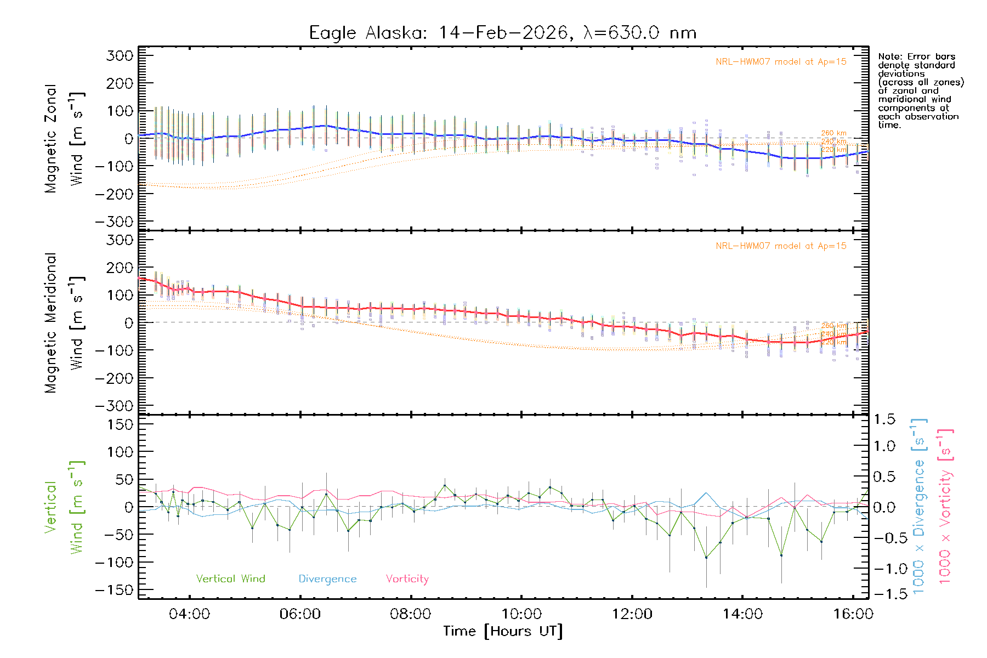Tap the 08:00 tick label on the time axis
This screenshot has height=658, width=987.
coord(410,614)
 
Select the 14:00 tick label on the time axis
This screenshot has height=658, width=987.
coord(742,614)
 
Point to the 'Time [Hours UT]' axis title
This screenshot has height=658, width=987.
coord(503,631)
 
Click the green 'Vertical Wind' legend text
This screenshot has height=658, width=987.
coord(230,578)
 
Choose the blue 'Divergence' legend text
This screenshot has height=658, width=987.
coord(327,578)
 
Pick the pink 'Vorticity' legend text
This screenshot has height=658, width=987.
coord(407,578)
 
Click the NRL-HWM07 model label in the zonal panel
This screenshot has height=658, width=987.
coord(781,62)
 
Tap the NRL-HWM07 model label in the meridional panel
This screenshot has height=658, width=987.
coord(781,246)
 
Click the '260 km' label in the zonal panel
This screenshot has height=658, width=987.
coord(833,133)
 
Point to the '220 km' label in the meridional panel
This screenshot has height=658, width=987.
coord(833,342)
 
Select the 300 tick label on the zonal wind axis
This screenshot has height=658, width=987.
coord(120,55)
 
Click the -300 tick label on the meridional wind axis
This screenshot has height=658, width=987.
coord(114,406)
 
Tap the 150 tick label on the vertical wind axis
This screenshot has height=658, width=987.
coord(120,424)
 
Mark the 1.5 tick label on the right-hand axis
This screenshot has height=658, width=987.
coord(884,419)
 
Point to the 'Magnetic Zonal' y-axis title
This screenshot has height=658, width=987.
coord(51,139)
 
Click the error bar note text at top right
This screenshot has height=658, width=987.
coord(920,90)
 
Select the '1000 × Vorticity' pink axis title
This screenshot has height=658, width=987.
coord(945,506)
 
